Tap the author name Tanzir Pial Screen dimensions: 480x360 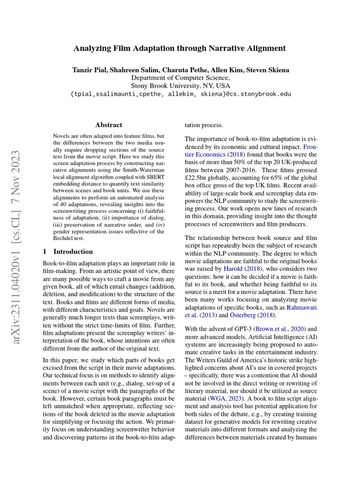click(x=89, y=70)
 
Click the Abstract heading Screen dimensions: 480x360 click(x=109, y=125)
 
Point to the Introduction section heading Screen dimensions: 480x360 click(x=73, y=251)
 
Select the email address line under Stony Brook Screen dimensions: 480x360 click(x=180, y=94)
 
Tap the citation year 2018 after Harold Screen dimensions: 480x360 click(x=254, y=269)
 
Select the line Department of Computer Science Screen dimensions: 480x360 click(x=180, y=78)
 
